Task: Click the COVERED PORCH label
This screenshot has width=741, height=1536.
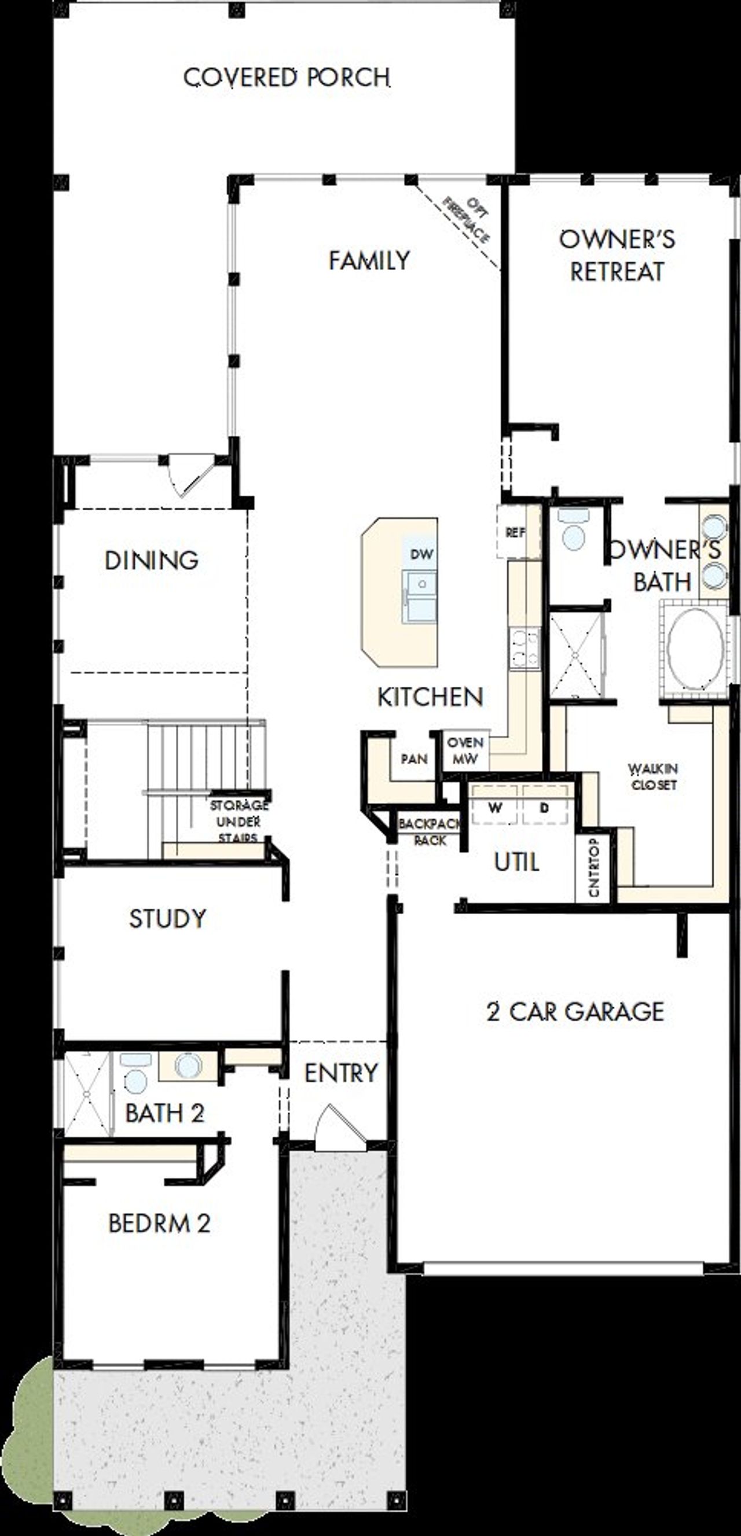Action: pyautogui.click(x=287, y=78)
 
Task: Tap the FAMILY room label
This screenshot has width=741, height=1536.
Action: pyautogui.click(x=369, y=260)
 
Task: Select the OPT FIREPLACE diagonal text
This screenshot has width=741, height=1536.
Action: pyautogui.click(x=466, y=220)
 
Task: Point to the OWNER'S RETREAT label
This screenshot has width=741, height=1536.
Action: pyautogui.click(x=617, y=255)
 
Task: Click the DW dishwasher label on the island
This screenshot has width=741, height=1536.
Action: pyautogui.click(x=421, y=554)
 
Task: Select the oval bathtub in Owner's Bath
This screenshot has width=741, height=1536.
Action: pyautogui.click(x=695, y=650)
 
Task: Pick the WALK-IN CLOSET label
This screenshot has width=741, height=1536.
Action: pyautogui.click(x=654, y=776)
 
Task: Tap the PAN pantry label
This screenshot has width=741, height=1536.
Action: pyautogui.click(x=413, y=759)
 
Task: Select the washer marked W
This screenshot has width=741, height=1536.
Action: pyautogui.click(x=494, y=808)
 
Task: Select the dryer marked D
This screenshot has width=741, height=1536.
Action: pyautogui.click(x=544, y=808)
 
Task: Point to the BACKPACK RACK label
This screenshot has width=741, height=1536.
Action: pyautogui.click(x=430, y=832)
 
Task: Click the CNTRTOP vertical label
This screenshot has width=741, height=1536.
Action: pyautogui.click(x=593, y=867)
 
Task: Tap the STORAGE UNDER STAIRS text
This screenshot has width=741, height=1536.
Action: pyautogui.click(x=238, y=822)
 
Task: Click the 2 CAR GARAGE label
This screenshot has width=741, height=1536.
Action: pyautogui.click(x=575, y=1011)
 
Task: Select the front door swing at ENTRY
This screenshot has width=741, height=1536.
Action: pyautogui.click(x=338, y=1129)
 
